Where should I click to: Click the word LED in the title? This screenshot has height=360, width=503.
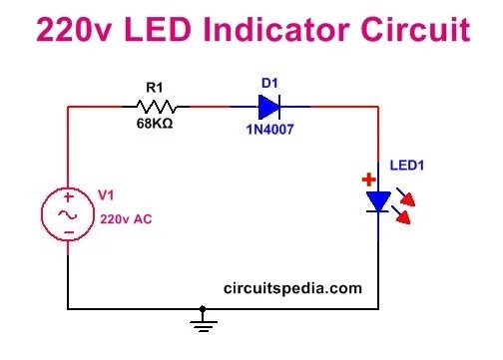click(153, 31)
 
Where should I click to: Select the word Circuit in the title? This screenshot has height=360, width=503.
click(420, 31)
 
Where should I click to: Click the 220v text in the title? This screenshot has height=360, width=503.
click(72, 31)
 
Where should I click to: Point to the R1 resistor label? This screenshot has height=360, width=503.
click(153, 89)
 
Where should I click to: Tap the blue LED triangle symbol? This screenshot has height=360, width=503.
click(378, 202)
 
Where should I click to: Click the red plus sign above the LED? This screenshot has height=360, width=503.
click(369, 180)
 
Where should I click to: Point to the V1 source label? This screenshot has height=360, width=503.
click(104, 195)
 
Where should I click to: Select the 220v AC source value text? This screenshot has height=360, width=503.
click(122, 216)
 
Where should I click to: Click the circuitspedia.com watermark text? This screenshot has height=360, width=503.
click(292, 288)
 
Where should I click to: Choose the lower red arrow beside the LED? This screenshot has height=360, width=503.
click(405, 214)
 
